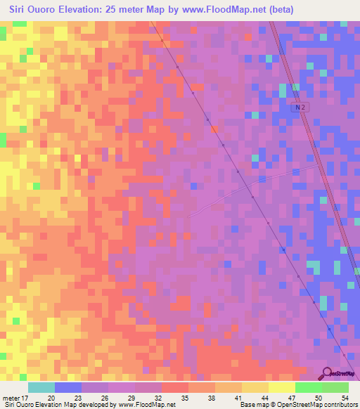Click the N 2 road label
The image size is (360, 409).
point(300,107)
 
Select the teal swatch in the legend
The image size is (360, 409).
point(41,387)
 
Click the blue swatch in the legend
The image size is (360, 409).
point(68,387)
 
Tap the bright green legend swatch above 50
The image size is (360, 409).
point(309,387)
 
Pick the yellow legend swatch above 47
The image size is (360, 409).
point(282,387)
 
